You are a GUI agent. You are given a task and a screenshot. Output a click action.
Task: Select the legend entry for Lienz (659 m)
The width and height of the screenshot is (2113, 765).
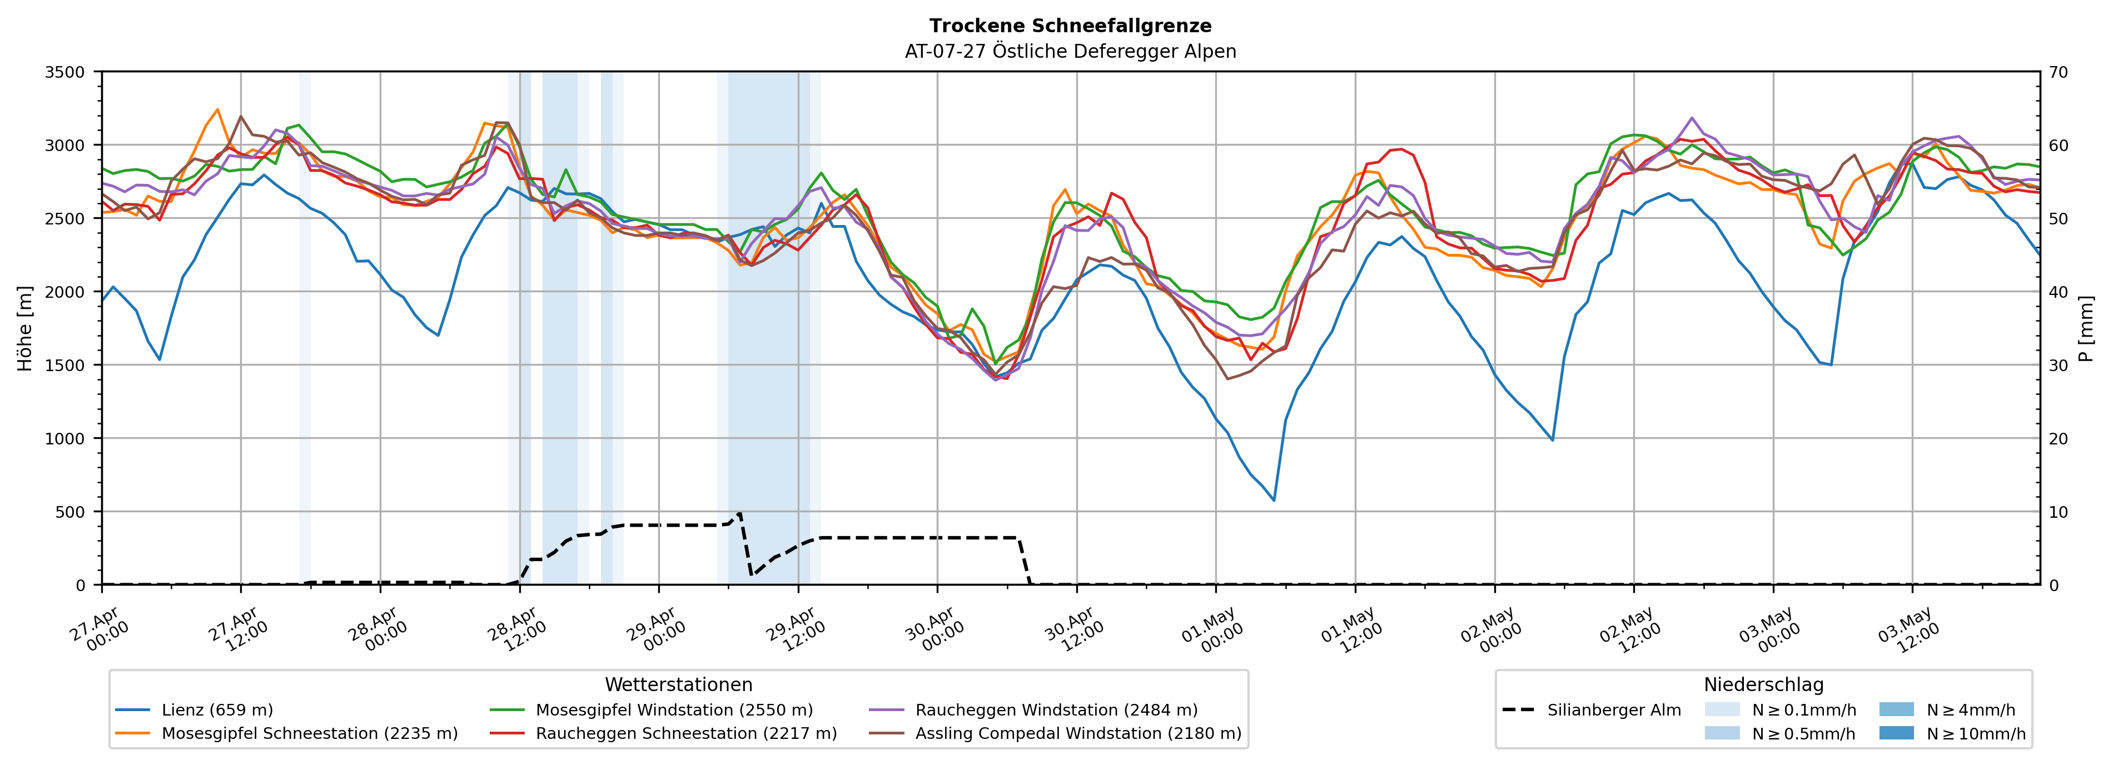coord(195,710)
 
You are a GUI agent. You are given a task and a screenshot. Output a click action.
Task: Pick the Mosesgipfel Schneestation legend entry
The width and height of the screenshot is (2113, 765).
coord(286,733)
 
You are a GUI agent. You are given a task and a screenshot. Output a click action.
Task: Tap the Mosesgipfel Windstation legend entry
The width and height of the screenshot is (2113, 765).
coord(652,710)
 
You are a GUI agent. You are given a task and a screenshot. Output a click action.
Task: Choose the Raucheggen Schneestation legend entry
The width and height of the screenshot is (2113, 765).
coord(664,733)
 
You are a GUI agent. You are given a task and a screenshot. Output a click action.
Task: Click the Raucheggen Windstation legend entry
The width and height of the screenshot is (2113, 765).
coord(1033,710)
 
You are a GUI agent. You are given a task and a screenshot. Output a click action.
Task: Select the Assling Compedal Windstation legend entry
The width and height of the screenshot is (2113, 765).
coord(1056,733)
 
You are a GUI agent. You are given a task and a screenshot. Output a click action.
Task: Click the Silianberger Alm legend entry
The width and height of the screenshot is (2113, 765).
coord(1592,710)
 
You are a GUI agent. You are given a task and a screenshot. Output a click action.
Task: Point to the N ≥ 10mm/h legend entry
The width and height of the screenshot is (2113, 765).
coord(1952,733)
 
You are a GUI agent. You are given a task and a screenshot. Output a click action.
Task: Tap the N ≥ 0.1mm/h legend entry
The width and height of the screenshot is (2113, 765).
coord(1780,710)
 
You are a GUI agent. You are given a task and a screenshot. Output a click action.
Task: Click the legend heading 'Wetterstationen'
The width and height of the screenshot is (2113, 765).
coord(678,684)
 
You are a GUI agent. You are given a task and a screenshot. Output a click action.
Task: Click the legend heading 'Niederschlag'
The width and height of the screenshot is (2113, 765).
coord(1763,684)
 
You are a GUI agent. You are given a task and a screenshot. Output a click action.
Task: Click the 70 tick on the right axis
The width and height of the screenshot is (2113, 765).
coord(2058,72)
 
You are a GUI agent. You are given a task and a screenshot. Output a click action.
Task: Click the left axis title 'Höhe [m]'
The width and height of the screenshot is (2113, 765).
coord(26,328)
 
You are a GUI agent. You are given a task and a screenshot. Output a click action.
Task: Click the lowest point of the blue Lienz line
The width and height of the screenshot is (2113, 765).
coord(1274,500)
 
